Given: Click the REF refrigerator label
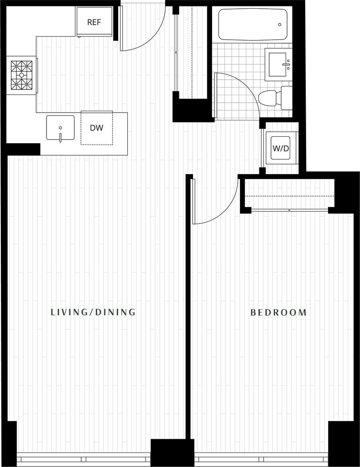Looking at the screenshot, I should click(94, 22).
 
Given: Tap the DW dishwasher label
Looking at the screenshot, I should click(96, 128).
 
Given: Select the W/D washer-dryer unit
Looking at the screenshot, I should click(281, 148).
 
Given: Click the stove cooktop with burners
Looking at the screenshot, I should click(21, 74).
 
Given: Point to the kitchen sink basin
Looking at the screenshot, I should click(60, 127).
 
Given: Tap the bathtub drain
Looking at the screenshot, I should click(279, 25).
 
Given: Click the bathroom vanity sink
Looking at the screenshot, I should click(278, 64).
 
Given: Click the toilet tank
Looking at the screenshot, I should click(287, 98).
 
